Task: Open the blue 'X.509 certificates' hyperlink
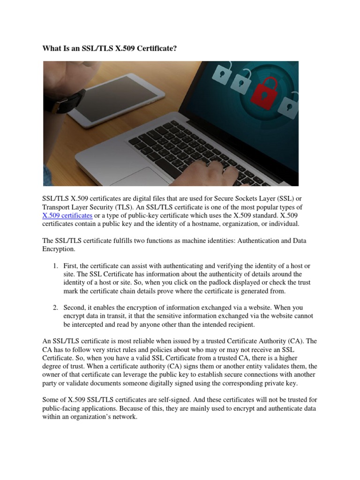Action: tap(67, 216)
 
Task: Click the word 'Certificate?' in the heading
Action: tap(155, 48)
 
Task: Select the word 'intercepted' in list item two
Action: tap(92, 324)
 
